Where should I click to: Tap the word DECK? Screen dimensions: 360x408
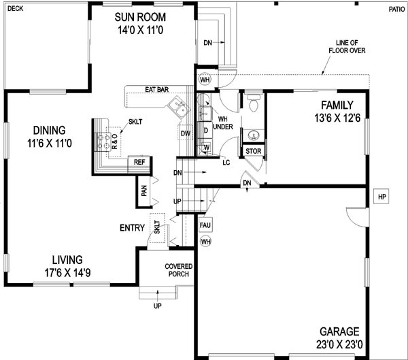point(15,9)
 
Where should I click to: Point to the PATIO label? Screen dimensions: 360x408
point(396,9)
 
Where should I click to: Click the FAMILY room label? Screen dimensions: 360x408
point(337,105)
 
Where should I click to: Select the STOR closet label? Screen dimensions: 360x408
point(253,151)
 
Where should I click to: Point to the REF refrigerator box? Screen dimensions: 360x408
point(139,162)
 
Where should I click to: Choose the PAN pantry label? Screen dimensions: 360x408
point(143,191)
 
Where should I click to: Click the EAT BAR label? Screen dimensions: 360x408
point(157,89)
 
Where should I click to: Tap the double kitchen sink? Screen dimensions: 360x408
point(180,105)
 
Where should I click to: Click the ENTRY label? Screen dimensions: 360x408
point(132,228)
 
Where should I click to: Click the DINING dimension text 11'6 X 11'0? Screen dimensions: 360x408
point(50,144)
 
